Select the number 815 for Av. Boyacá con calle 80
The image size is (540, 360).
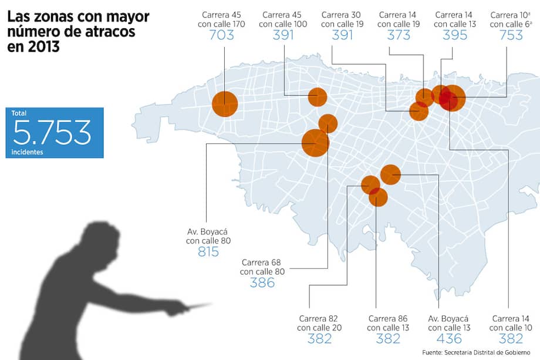click(208, 252)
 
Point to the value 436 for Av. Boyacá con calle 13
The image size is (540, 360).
click(449, 339)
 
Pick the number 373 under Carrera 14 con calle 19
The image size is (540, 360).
click(399, 35)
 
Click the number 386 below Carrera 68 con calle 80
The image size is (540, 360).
click(262, 283)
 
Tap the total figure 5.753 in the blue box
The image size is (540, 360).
click(52, 133)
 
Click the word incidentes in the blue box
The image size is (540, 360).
click(26, 152)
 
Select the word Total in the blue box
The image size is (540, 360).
click(19, 113)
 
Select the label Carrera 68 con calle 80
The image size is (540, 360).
click(262, 267)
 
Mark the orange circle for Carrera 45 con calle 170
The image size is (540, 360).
click(225, 104)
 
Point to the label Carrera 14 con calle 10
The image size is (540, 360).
click(511, 323)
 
